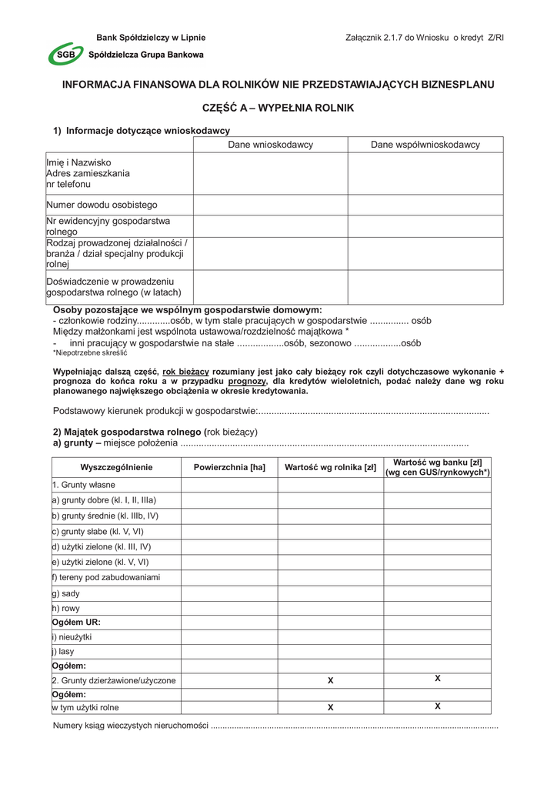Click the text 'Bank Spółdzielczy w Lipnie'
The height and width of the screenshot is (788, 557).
151,38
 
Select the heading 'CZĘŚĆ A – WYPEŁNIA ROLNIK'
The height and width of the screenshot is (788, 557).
278,109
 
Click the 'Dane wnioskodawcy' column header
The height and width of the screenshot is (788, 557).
270,145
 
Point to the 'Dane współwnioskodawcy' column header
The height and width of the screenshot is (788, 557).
425,145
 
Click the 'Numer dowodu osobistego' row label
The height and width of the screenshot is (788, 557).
102,205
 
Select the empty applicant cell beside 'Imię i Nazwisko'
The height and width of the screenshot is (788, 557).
270,174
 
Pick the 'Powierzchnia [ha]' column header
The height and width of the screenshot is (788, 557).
229,467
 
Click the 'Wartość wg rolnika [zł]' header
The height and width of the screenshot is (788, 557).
330,467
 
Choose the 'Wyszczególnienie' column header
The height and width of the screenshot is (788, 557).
116,467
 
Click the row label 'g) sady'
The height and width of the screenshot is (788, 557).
66,593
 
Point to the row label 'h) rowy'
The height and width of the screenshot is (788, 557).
66,608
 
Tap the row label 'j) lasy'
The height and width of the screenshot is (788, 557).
63,651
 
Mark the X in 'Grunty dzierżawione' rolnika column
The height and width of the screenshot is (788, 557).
330,681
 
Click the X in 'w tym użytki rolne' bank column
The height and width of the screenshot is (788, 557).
437,706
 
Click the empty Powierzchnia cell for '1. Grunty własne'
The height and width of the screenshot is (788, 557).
229,485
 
